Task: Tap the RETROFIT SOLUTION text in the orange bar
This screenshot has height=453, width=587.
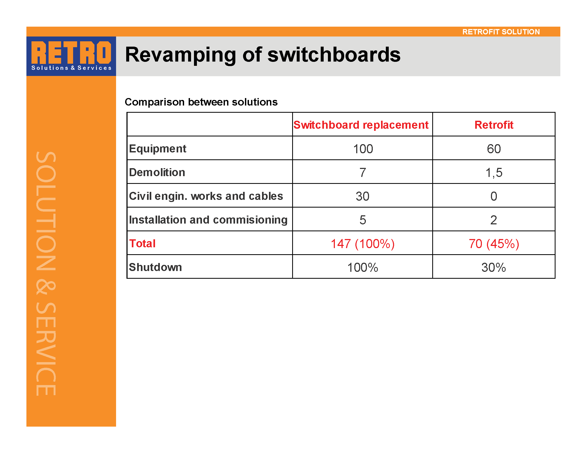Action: [501, 32]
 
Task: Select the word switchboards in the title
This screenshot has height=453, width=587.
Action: [334, 54]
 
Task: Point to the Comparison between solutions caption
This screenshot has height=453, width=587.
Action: [201, 102]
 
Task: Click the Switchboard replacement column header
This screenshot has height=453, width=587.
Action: [361, 125]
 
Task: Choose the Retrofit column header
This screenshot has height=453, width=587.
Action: [494, 125]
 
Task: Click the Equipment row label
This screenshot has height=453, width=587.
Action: [157, 149]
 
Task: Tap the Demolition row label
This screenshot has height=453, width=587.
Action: [157, 172]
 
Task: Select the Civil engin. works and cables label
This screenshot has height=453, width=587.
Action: [206, 196]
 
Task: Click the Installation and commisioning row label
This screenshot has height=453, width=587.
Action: [208, 220]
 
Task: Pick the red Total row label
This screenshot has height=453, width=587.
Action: [142, 243]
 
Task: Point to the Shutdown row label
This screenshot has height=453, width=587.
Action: [155, 267]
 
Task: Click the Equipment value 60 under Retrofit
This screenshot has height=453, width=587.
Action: [494, 149]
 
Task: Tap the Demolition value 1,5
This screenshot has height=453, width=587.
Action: [494, 173]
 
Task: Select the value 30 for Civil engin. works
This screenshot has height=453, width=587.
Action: [362, 196]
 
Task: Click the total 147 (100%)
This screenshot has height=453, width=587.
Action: [363, 244]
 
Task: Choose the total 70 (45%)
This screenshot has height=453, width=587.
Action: [494, 244]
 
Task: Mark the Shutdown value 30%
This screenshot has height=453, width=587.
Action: [493, 268]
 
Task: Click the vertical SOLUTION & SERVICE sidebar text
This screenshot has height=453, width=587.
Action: [46, 273]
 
